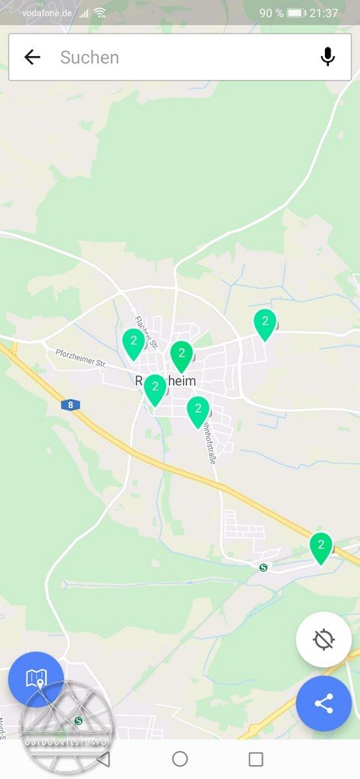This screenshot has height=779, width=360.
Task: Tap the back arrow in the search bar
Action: [32, 57]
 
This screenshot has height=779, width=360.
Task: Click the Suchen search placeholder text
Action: [90, 57]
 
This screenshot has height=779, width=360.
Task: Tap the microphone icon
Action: [328, 57]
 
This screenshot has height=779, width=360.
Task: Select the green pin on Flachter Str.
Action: [134, 343]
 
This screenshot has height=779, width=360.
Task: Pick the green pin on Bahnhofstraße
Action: [198, 411]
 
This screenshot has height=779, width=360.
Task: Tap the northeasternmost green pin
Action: [265, 323]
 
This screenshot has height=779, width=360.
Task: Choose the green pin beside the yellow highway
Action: [320, 547]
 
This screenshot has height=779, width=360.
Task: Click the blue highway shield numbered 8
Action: [70, 405]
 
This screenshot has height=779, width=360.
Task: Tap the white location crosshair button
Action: [323, 640]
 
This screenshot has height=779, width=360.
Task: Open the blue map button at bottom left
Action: [36, 679]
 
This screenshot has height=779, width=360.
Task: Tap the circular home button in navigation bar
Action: [180, 759]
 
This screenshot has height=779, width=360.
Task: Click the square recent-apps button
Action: [256, 759]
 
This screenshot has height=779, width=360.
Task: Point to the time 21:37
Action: [323, 13]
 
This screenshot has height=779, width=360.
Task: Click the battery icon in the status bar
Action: [296, 13]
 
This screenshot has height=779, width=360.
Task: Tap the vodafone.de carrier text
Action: [46, 13]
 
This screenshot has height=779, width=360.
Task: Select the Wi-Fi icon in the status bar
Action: [100, 13]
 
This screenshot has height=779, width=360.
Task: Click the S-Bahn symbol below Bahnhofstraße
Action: [263, 568]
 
